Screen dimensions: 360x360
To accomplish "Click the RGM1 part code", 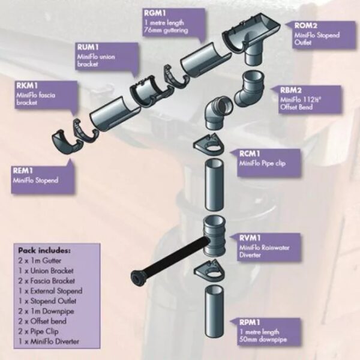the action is pos(155,13).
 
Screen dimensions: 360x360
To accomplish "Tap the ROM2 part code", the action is pos(306,25).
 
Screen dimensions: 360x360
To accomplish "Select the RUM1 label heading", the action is pos(88,47).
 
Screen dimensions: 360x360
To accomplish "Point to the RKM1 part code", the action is pos(27,86).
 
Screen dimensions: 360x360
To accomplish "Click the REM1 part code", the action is pos(23,170).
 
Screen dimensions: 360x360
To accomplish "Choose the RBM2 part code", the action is pos(291,90).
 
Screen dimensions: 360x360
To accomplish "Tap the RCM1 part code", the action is pos(250,154).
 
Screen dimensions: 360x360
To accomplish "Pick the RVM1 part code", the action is pos(250,238).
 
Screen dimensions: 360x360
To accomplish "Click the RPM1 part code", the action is pos(250,322).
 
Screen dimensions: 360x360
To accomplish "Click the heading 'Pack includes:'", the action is pos(44,250).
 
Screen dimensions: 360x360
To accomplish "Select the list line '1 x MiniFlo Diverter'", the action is pos(49,341).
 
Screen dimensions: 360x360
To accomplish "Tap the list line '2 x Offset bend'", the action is pos(43,321).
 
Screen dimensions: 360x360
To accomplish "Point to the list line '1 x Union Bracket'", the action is pos(46,271).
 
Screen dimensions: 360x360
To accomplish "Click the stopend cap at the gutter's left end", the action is pos(66,142).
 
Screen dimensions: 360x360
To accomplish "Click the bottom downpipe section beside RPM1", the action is pos(214,311).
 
